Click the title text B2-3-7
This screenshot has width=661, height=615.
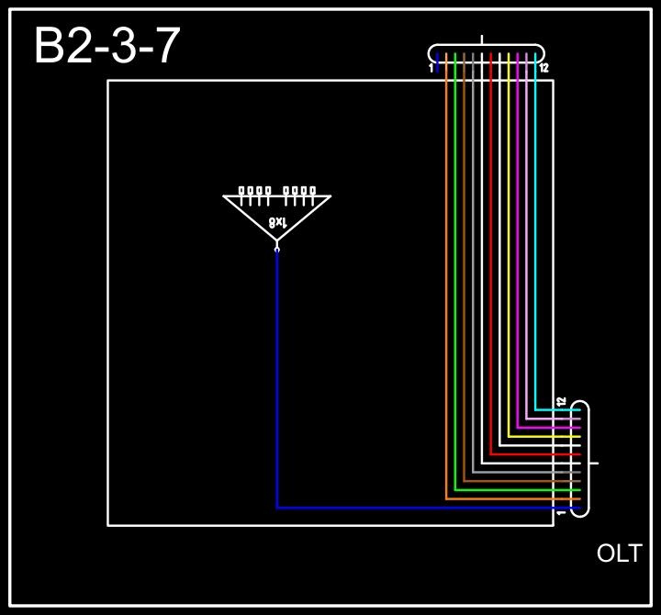tap(106, 46)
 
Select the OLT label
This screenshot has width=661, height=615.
tap(619, 553)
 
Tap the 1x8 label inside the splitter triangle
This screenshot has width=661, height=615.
tap(277, 222)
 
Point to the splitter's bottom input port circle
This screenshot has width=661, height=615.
tap(277, 248)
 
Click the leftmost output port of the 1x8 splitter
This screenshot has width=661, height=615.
tap(242, 191)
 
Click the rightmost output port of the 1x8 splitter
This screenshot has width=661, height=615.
tap(312, 191)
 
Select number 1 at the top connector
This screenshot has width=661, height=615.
tap(431, 68)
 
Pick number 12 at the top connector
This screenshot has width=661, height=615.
tap(543, 68)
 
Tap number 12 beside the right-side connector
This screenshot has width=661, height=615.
tap(561, 402)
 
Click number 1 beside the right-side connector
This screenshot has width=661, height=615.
tap(561, 512)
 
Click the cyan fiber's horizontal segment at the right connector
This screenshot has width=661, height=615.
tap(556, 409)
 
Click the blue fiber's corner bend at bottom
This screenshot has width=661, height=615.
tap(277, 508)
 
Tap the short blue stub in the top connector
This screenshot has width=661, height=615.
tap(437, 62)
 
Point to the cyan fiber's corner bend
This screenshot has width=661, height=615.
tap(535, 409)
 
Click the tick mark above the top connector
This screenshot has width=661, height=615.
tap(483, 39)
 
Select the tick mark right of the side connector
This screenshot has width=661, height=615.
tap(594, 463)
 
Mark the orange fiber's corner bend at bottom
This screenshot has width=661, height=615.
tap(446, 499)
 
